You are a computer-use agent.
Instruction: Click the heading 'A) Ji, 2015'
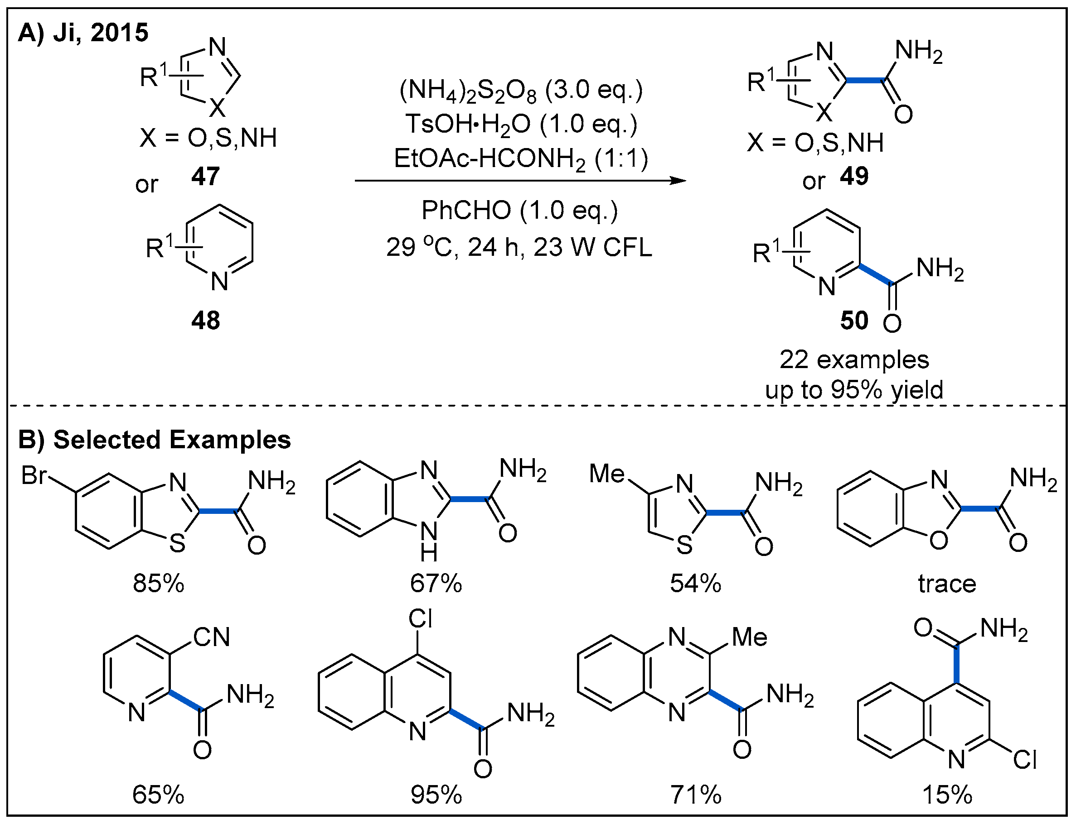(x=83, y=33)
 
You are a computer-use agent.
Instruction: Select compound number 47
(x=205, y=176)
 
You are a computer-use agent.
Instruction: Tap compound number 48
(x=205, y=320)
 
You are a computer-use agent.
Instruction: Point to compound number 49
(x=853, y=176)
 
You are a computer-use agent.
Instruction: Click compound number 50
(x=854, y=320)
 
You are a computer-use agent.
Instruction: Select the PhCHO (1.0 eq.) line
(x=519, y=211)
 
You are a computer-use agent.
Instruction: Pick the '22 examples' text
(x=854, y=359)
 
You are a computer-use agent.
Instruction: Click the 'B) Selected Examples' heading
(x=154, y=440)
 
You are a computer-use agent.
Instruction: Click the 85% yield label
(x=158, y=584)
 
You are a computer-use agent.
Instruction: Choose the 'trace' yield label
(x=947, y=584)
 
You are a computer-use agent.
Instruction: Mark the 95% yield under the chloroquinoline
(x=436, y=795)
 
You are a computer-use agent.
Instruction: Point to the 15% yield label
(x=947, y=795)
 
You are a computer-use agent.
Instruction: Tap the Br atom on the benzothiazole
(x=34, y=475)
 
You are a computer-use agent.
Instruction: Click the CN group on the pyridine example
(x=211, y=637)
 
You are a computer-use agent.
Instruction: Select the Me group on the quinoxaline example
(x=749, y=637)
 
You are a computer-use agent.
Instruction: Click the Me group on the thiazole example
(x=607, y=473)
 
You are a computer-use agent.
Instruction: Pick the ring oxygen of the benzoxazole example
(x=939, y=541)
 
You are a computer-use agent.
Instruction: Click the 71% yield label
(x=696, y=795)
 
